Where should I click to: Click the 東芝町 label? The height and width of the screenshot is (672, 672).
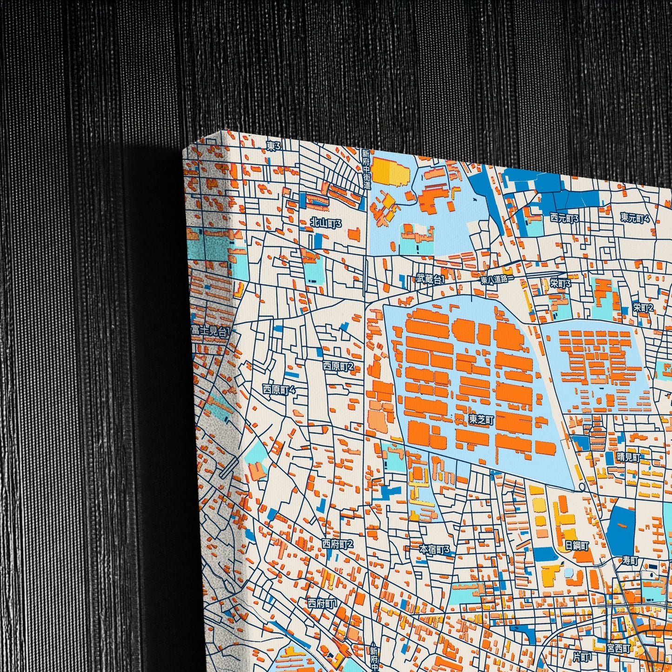[481, 419]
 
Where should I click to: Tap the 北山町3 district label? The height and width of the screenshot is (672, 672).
[326, 223]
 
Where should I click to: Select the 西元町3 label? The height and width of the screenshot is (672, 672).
[564, 218]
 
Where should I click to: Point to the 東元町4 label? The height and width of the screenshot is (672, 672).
[635, 218]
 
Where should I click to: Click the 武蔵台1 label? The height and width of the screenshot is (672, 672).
[430, 279]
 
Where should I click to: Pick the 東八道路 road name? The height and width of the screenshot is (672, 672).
[496, 279]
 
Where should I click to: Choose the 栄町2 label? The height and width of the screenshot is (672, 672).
[643, 307]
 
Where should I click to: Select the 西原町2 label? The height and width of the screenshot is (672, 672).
[338, 366]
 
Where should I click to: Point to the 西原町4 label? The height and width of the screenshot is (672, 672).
[279, 389]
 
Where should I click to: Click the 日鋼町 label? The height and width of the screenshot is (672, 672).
[577, 546]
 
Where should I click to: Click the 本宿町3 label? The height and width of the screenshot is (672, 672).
[435, 549]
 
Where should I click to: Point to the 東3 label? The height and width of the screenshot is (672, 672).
[274, 146]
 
